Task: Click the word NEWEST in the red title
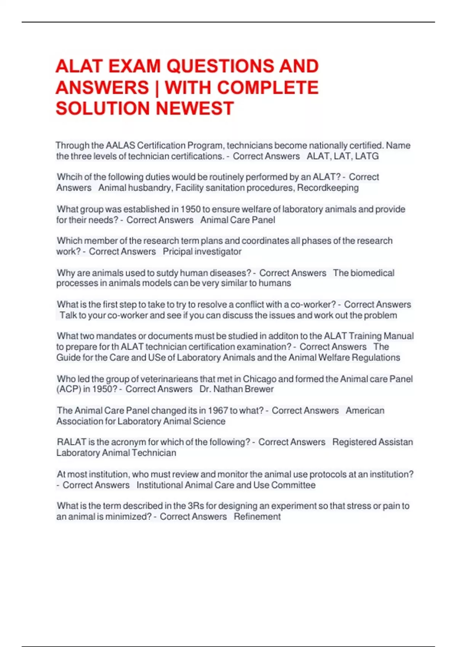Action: point(195,108)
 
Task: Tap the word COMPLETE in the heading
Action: point(268,88)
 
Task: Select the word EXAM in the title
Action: point(135,66)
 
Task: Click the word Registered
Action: point(355,442)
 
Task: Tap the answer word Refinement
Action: point(257,516)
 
